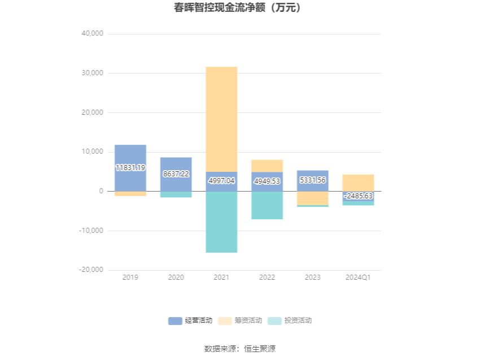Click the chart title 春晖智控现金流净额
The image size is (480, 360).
pyautogui.click(x=239, y=8)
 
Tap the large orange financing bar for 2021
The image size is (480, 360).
pyautogui.click(x=221, y=119)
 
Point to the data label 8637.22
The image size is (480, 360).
pyautogui.click(x=176, y=174)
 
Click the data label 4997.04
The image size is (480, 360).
pyautogui.click(x=221, y=181)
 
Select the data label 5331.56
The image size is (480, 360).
pyautogui.click(x=312, y=180)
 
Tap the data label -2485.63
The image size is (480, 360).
pyautogui.click(x=358, y=196)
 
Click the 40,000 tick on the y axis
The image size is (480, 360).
pyautogui.click(x=92, y=33)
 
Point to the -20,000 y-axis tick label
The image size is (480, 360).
pyautogui.click(x=90, y=270)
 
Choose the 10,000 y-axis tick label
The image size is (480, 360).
pyautogui.click(x=92, y=152)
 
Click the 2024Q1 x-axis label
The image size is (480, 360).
pyautogui.click(x=358, y=277)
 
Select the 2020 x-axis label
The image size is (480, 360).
pyautogui.click(x=176, y=277)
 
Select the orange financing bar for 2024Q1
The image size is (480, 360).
pyautogui.click(x=358, y=183)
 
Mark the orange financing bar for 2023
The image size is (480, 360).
pyautogui.click(x=312, y=198)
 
